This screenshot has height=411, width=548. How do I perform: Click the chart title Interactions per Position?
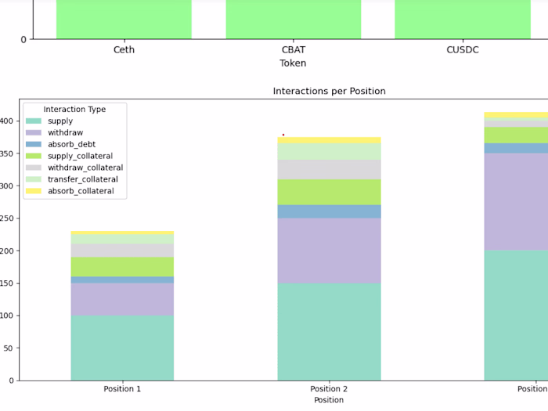pyautogui.click(x=329, y=92)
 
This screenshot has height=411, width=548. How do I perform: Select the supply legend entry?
pyautogui.click(x=60, y=121)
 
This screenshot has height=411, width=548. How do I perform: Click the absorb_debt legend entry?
pyautogui.click(x=71, y=145)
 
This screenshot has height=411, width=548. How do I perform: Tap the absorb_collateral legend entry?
pyautogui.click(x=81, y=191)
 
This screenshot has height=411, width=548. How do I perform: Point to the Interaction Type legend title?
pyautogui.click(x=74, y=109)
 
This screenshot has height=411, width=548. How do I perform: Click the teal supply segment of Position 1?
pyautogui.click(x=122, y=348)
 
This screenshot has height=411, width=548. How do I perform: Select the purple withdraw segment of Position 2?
pyautogui.click(x=329, y=250)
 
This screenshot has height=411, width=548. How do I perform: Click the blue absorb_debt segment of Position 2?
pyautogui.click(x=329, y=211)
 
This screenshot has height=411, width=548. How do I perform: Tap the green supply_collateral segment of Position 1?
pyautogui.click(x=122, y=266)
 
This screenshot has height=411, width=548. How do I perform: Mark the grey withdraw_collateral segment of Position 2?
pyautogui.click(x=329, y=169)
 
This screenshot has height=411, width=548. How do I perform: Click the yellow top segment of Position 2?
pyautogui.click(x=329, y=140)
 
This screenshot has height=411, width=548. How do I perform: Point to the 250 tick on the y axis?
pyautogui.click(x=9, y=218)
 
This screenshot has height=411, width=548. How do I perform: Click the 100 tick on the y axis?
pyautogui.click(x=9, y=315)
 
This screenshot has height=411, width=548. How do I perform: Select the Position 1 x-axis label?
pyautogui.click(x=122, y=389)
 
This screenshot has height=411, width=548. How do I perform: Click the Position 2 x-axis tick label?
pyautogui.click(x=329, y=389)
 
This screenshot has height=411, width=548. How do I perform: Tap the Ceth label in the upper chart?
pyautogui.click(x=124, y=50)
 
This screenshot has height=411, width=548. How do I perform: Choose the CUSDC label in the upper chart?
pyautogui.click(x=462, y=50)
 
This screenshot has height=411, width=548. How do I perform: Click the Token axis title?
pyautogui.click(x=293, y=63)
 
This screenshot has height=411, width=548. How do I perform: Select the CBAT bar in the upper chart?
pyautogui.click(x=293, y=19)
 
